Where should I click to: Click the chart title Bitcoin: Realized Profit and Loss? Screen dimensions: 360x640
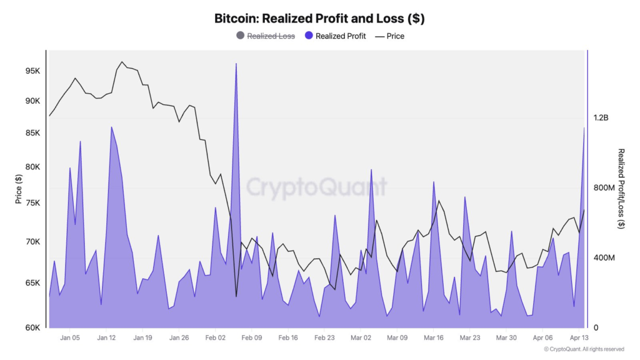coord(319,18)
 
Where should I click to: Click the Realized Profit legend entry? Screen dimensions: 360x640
coord(335,36)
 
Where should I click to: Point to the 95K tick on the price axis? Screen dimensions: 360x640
coord(32,71)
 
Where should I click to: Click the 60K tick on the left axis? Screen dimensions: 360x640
coord(32,327)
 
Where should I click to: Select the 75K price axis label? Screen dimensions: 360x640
coord(32,202)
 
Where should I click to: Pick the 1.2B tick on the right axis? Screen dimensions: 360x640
coord(601,117)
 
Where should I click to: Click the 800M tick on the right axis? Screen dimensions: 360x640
coord(604,187)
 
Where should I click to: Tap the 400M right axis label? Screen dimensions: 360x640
coord(604,257)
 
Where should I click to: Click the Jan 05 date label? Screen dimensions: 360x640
coord(69,337)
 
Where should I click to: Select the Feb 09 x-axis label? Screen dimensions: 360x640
coord(251,337)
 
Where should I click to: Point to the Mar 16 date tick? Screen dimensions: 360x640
coord(433,337)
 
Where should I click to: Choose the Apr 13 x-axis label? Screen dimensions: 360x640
coord(579,337)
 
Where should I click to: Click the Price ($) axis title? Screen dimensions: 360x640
coord(19,189)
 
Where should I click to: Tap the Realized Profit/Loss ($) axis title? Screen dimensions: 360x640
coord(621,189)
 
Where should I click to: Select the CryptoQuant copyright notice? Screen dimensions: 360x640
coord(584,349)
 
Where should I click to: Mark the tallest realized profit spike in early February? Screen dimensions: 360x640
coord(236,64)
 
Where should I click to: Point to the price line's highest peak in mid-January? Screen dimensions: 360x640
coord(122,62)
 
